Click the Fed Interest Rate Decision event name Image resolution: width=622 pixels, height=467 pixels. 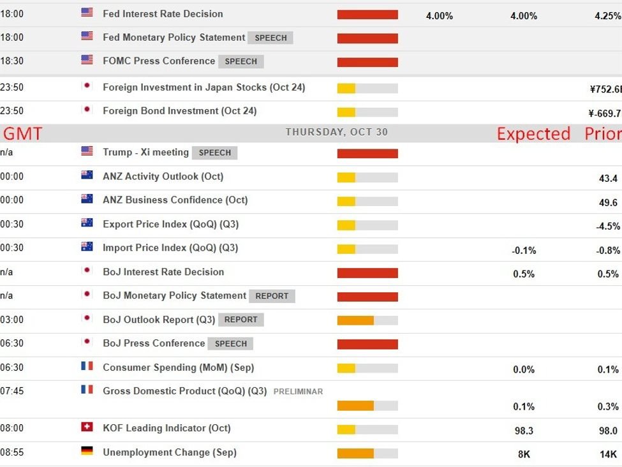click(163, 13)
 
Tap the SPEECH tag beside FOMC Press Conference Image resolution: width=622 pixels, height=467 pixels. click(241, 61)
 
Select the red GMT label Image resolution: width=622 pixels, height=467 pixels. click(23, 133)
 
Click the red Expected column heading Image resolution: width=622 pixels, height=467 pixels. click(533, 133)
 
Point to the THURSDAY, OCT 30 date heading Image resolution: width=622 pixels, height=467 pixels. click(336, 133)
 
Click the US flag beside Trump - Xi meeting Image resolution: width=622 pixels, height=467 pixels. click(87, 151)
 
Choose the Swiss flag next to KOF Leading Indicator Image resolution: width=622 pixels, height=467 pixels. click(87, 427)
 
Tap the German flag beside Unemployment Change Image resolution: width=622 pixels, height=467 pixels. click(87, 451)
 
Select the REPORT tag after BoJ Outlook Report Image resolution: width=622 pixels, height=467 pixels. click(241, 320)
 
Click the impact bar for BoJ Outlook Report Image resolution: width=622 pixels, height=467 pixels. click(367, 320)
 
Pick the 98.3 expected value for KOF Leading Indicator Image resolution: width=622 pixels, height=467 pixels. click(524, 431)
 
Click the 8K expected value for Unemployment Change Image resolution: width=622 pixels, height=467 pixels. click(524, 454)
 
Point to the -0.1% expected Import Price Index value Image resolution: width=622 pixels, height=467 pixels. click(524, 251)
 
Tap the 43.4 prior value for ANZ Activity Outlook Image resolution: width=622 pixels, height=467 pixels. click(608, 179)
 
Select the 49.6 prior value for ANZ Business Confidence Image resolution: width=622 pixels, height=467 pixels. click(608, 202)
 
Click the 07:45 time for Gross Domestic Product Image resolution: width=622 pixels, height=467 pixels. click(12, 390)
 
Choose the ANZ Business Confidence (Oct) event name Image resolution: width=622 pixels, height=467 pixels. click(175, 200)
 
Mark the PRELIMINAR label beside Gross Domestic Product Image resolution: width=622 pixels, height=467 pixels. click(298, 391)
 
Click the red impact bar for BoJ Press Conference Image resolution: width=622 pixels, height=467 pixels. click(367, 345)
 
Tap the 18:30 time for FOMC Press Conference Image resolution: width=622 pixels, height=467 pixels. click(12, 61)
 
